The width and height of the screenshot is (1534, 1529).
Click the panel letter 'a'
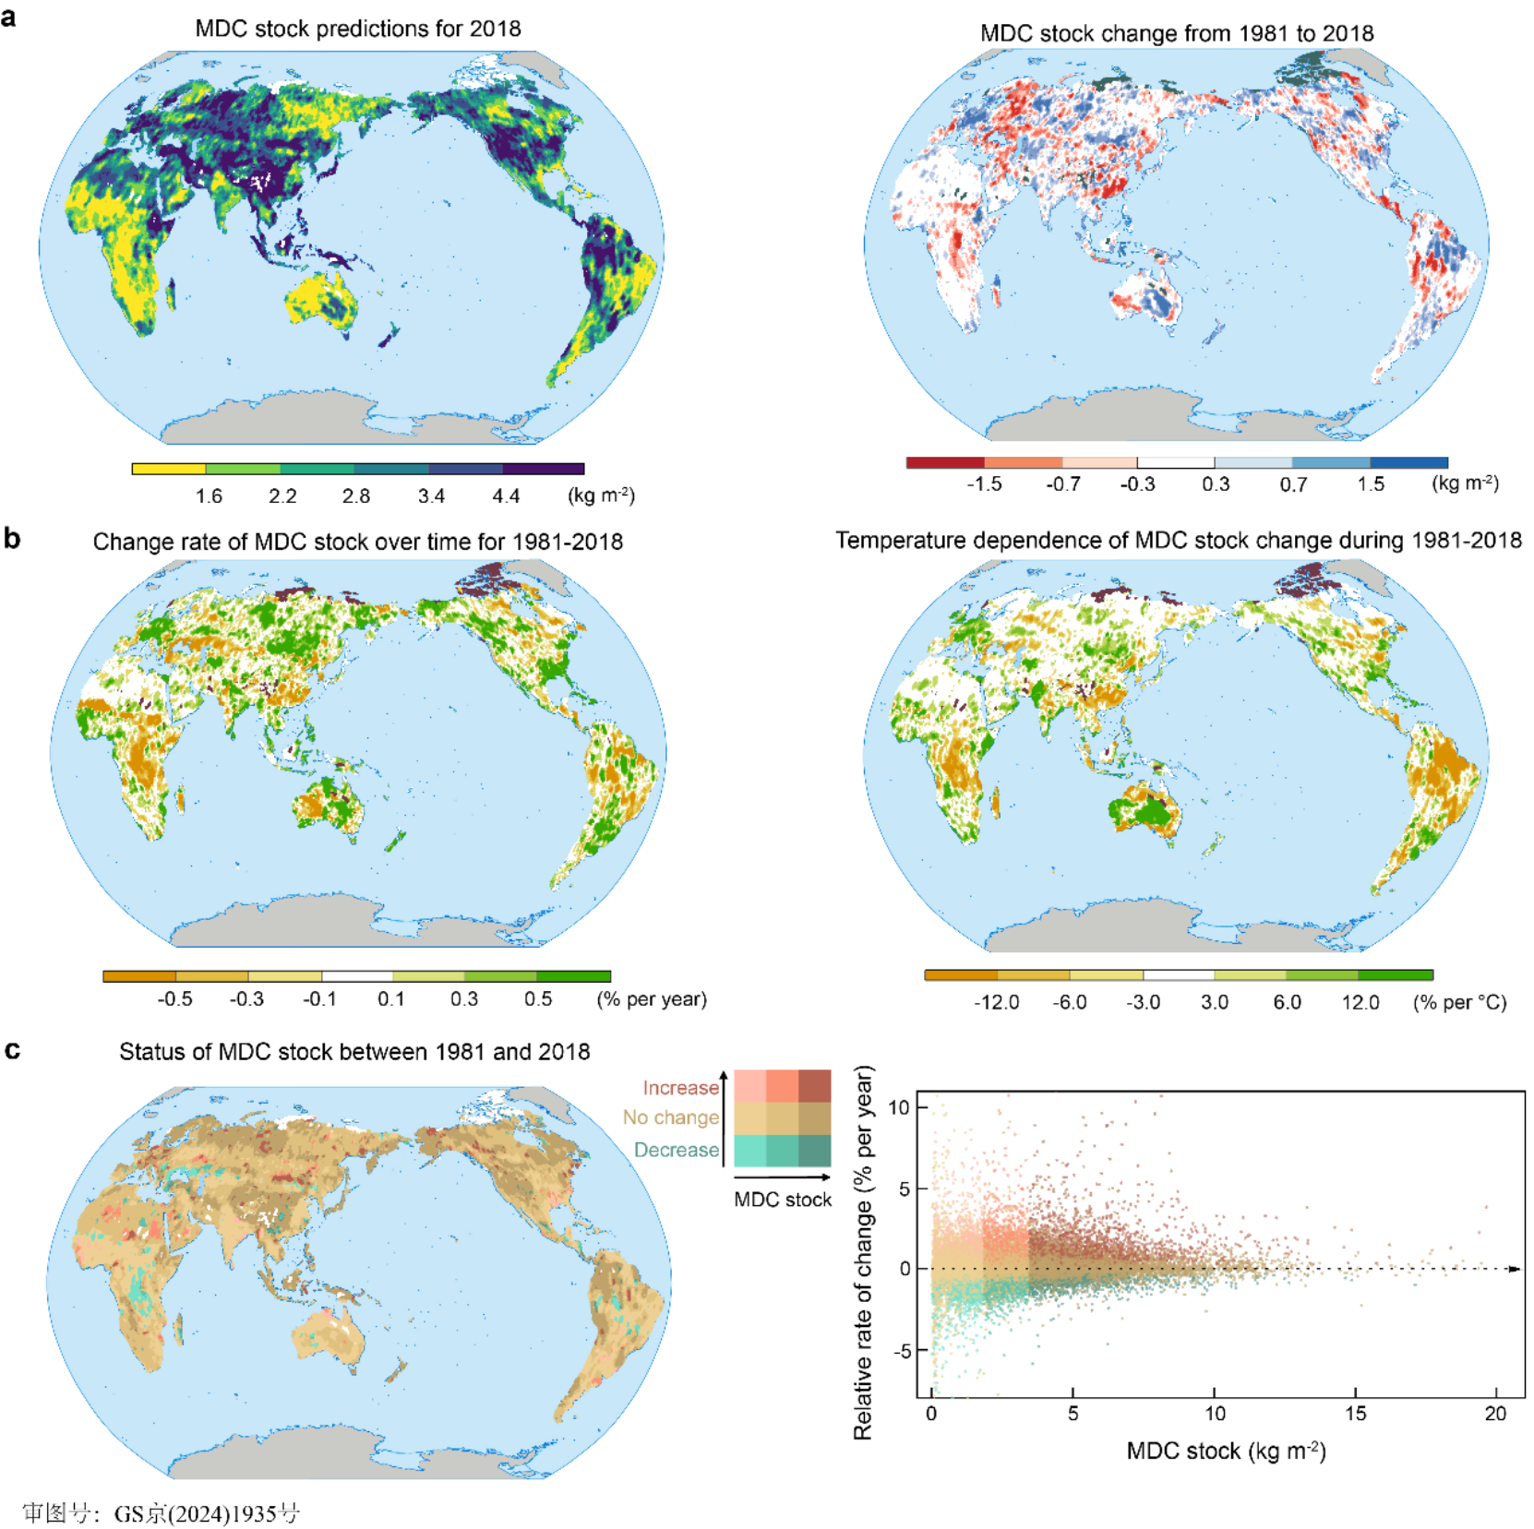pyautogui.click(x=9, y=17)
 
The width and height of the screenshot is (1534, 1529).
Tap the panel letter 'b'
pyautogui.click(x=12, y=538)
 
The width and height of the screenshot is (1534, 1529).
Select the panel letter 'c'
pyautogui.click(x=12, y=1050)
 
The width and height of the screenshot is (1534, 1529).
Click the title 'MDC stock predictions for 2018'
pyautogui.click(x=357, y=29)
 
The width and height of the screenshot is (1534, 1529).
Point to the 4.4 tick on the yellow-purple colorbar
pyautogui.click(x=506, y=496)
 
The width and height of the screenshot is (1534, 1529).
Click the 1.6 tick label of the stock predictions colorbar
pyautogui.click(x=209, y=496)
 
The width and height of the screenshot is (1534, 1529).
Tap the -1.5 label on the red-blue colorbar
pyautogui.click(x=984, y=484)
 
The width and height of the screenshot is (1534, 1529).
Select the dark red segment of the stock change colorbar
pyautogui.click(x=945, y=462)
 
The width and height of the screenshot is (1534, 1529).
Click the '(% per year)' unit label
pyautogui.click(x=652, y=999)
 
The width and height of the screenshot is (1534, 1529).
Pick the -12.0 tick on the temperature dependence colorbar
pyautogui.click(x=996, y=1003)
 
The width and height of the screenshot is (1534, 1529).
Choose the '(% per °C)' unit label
pyautogui.click(x=1459, y=1003)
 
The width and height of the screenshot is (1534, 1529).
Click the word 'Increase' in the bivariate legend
pyautogui.click(x=680, y=1088)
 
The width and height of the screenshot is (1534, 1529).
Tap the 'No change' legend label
pyautogui.click(x=671, y=1117)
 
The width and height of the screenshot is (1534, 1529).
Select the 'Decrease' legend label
pyautogui.click(x=676, y=1150)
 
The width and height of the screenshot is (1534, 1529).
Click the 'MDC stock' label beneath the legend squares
pyautogui.click(x=783, y=1200)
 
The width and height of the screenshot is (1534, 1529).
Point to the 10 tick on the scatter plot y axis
pyautogui.click(x=899, y=1107)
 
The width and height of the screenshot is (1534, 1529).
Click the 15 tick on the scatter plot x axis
pyautogui.click(x=1355, y=1414)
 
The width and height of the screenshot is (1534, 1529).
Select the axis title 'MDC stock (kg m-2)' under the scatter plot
pyautogui.click(x=1226, y=1451)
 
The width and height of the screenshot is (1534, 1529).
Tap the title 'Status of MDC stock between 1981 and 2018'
pyautogui.click(x=354, y=1052)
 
